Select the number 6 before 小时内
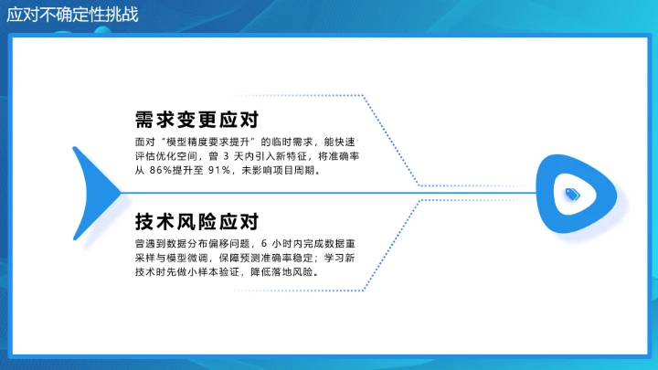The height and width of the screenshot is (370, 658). pos(264,244)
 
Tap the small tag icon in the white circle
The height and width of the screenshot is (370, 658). pos(573,193)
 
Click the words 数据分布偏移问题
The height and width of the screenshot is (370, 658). pos(206,244)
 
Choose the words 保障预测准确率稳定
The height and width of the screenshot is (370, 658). pos(264,258)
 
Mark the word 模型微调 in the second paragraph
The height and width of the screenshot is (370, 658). pos(193,258)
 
